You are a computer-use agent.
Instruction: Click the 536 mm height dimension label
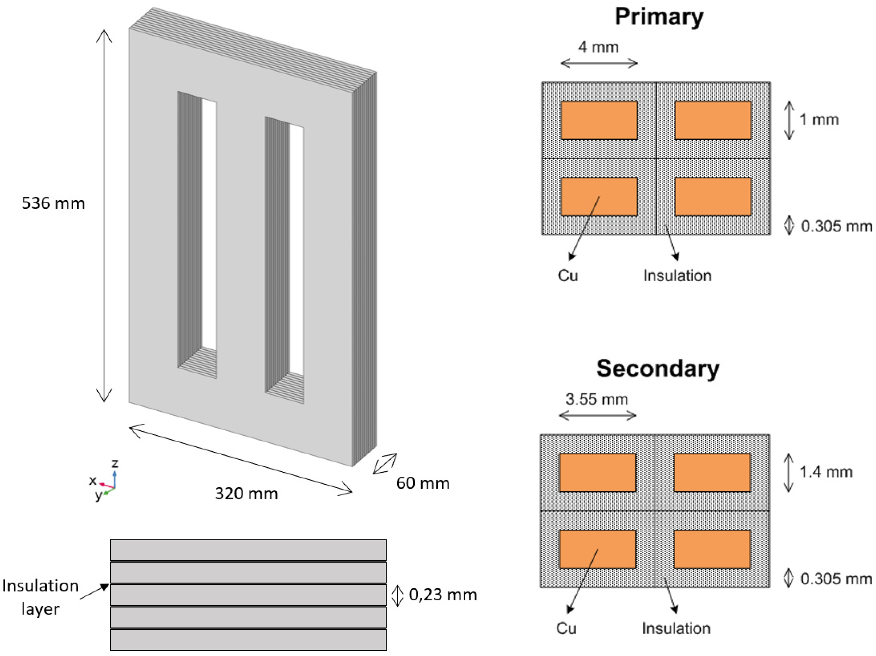point(53,203)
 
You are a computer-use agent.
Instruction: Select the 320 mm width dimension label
point(246,494)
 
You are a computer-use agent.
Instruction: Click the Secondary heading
point(657,369)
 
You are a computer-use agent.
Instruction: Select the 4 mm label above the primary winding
point(598,47)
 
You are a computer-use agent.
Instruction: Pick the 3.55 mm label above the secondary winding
point(597,399)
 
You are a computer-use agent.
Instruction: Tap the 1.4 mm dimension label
point(826,472)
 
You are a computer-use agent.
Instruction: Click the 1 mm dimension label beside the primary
point(819,119)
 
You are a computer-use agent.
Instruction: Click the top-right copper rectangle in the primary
point(713,120)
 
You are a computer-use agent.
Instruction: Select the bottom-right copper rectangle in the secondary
point(712,549)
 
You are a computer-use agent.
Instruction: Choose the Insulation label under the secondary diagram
point(676,628)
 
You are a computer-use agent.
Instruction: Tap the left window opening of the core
point(209,226)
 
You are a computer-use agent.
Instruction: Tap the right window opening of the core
point(296,250)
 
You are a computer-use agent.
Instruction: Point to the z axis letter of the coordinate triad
point(115,463)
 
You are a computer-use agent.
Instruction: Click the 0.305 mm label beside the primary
point(835,226)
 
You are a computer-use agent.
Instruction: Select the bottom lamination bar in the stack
point(248,640)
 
